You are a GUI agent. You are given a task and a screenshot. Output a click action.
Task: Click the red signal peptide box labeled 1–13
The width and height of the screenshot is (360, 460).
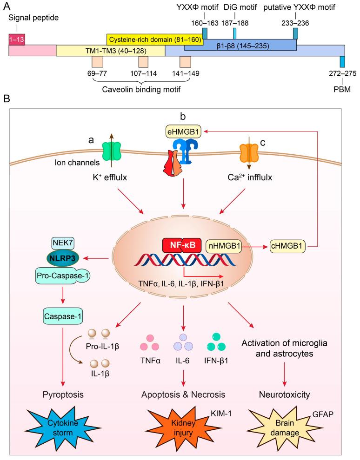tap(17, 39)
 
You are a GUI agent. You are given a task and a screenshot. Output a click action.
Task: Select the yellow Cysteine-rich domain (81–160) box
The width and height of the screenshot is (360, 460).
tap(154, 39)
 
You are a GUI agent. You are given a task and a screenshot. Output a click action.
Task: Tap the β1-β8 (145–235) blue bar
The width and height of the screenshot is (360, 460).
tap(240, 45)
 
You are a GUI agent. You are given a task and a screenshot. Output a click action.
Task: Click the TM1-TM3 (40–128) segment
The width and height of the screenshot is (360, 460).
tap(110, 51)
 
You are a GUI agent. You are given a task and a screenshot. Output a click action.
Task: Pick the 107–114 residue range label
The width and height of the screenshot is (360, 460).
tap(144, 74)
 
